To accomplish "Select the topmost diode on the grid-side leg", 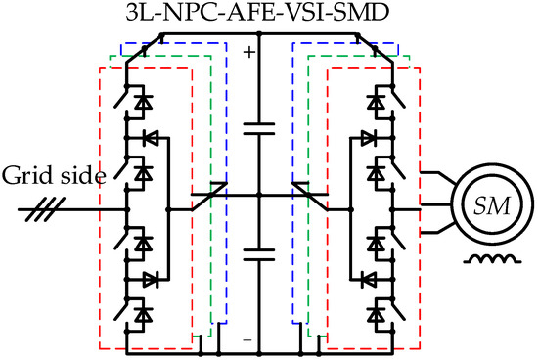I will point(144,99).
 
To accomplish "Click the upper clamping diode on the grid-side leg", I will point(150,136).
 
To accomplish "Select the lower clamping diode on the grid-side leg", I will point(150,279).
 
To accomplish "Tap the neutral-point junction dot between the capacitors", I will point(258,197).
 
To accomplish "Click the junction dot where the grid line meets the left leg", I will point(128,209).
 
